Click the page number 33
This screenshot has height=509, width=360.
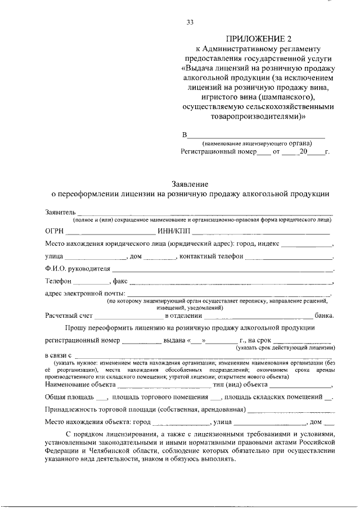(x=190, y=22)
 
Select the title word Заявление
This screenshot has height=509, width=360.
(x=190, y=184)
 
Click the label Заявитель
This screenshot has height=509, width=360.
(x=60, y=211)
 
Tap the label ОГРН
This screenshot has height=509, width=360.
(x=55, y=231)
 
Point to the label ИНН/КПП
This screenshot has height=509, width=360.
(x=174, y=231)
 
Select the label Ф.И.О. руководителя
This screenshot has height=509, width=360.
(x=75, y=269)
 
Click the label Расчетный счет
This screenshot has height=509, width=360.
(x=69, y=316)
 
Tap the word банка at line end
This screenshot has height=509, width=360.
(x=325, y=316)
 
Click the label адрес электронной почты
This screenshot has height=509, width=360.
(x=85, y=293)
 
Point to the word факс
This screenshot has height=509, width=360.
(x=120, y=281)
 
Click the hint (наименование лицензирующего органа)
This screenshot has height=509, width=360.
(x=254, y=143)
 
